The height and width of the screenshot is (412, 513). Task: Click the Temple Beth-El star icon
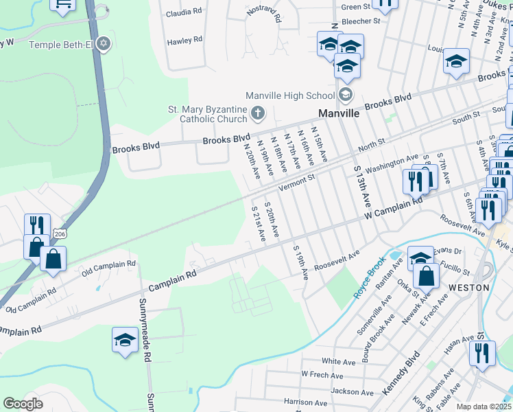point(104,44)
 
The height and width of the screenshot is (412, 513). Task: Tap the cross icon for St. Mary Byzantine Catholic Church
point(258,113)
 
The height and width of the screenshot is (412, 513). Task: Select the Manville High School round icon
point(346,95)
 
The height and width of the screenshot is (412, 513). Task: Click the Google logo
point(23,403)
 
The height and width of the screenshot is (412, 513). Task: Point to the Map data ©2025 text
point(484,407)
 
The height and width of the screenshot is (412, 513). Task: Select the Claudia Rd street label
point(184,12)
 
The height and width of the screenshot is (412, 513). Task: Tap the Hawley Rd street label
point(184,41)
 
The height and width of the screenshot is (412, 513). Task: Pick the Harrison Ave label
point(305,401)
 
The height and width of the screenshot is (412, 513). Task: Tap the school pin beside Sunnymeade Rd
point(125,340)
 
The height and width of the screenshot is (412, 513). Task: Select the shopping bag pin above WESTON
point(427,276)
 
